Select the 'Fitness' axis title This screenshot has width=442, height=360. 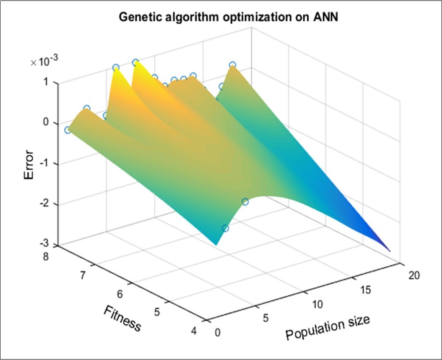[x=122, y=319]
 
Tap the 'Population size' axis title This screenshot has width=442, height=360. [x=328, y=327]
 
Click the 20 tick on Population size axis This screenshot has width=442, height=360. [x=413, y=276]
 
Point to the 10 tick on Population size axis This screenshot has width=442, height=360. [x=317, y=304]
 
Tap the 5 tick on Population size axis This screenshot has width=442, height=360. [x=265, y=318]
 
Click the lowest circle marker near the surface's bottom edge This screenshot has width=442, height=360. [x=225, y=228]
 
